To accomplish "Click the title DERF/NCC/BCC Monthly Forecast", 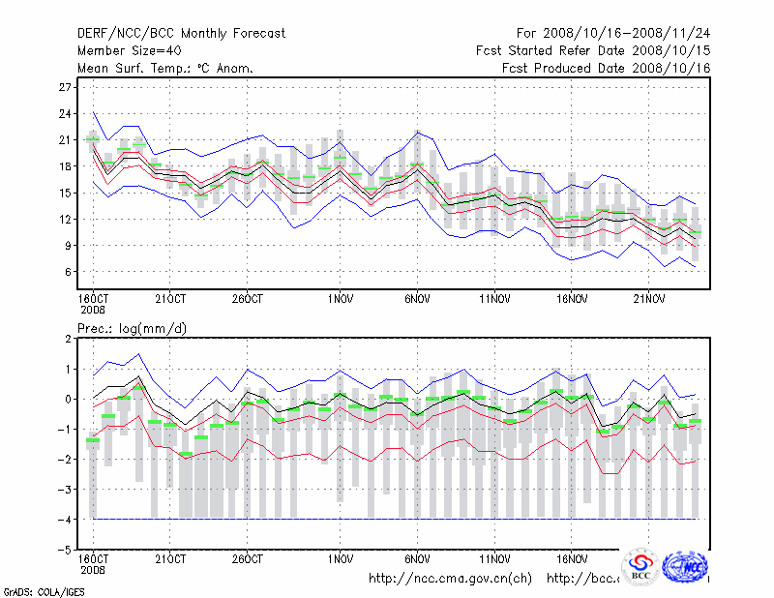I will click(x=181, y=34).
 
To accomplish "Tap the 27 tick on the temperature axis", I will click(x=67, y=87).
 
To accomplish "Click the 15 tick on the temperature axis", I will click(x=67, y=193).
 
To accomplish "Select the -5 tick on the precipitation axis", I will click(x=67, y=549).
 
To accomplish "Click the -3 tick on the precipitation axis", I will click(x=67, y=489).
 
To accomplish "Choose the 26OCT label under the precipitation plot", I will click(x=248, y=559).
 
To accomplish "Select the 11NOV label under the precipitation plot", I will click(x=494, y=559).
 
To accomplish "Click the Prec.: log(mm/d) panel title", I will click(x=132, y=329).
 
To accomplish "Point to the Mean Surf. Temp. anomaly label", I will click(x=165, y=68).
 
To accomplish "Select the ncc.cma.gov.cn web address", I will click(x=451, y=579).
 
